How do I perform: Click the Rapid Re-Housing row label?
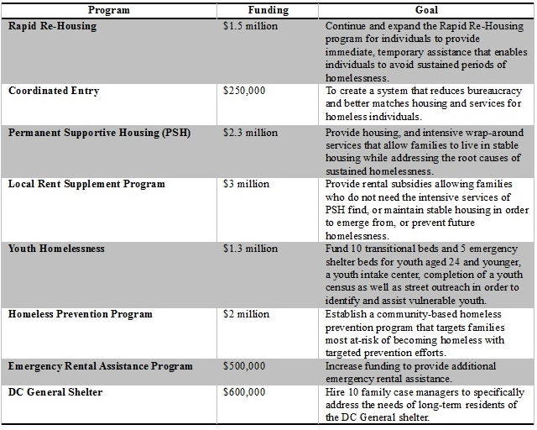click(x=52, y=26)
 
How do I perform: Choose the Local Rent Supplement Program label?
click(x=86, y=183)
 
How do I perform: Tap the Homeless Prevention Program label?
click(x=81, y=314)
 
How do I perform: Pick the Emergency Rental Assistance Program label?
click(x=101, y=366)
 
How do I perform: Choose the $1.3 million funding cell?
click(x=249, y=249)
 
